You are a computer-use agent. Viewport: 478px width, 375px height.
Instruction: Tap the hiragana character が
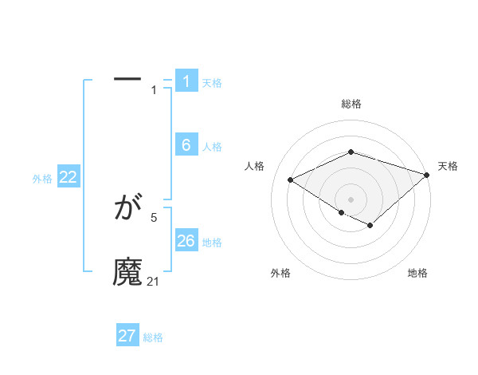(128, 209)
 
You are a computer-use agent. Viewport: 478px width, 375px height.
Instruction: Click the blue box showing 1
(186, 81)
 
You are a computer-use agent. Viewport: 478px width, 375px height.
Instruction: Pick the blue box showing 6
(186, 145)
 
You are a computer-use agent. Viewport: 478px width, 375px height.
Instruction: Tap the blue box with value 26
(186, 241)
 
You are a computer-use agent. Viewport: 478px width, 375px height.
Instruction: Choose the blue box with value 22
(69, 177)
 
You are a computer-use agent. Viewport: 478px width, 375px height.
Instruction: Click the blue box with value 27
(127, 336)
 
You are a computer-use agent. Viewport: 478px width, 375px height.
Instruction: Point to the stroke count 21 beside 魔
(154, 281)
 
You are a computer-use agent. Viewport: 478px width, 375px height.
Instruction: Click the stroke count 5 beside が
(154, 217)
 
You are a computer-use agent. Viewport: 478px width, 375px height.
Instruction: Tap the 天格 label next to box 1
(211, 82)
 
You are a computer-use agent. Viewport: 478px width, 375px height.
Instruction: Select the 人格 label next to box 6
(211, 146)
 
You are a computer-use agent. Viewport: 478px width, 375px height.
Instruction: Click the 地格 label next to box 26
(211, 242)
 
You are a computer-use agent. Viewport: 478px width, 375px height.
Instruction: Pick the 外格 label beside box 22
(42, 179)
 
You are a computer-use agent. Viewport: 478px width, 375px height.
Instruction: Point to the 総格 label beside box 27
(153, 337)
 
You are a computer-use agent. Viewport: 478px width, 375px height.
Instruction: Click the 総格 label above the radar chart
(351, 104)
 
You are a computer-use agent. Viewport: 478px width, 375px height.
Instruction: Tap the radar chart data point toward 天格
(428, 176)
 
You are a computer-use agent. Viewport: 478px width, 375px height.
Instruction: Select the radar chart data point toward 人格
(291, 180)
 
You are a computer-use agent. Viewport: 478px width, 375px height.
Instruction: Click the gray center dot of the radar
(351, 199)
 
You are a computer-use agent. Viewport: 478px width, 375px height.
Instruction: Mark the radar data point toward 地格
(370, 226)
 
